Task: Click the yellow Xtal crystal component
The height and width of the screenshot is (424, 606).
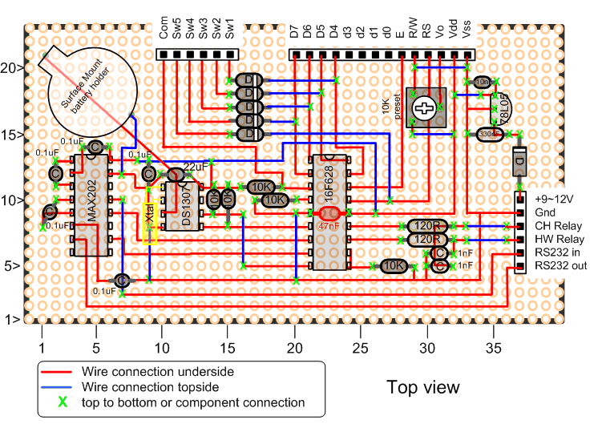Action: (x=149, y=222)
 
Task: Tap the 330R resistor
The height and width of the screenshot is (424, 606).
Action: (x=487, y=134)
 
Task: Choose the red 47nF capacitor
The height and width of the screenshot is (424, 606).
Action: (x=329, y=214)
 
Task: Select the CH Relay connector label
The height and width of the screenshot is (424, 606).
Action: (x=559, y=225)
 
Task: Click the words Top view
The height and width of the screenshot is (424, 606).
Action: (x=423, y=388)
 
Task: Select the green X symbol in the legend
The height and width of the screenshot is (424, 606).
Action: (x=59, y=402)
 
